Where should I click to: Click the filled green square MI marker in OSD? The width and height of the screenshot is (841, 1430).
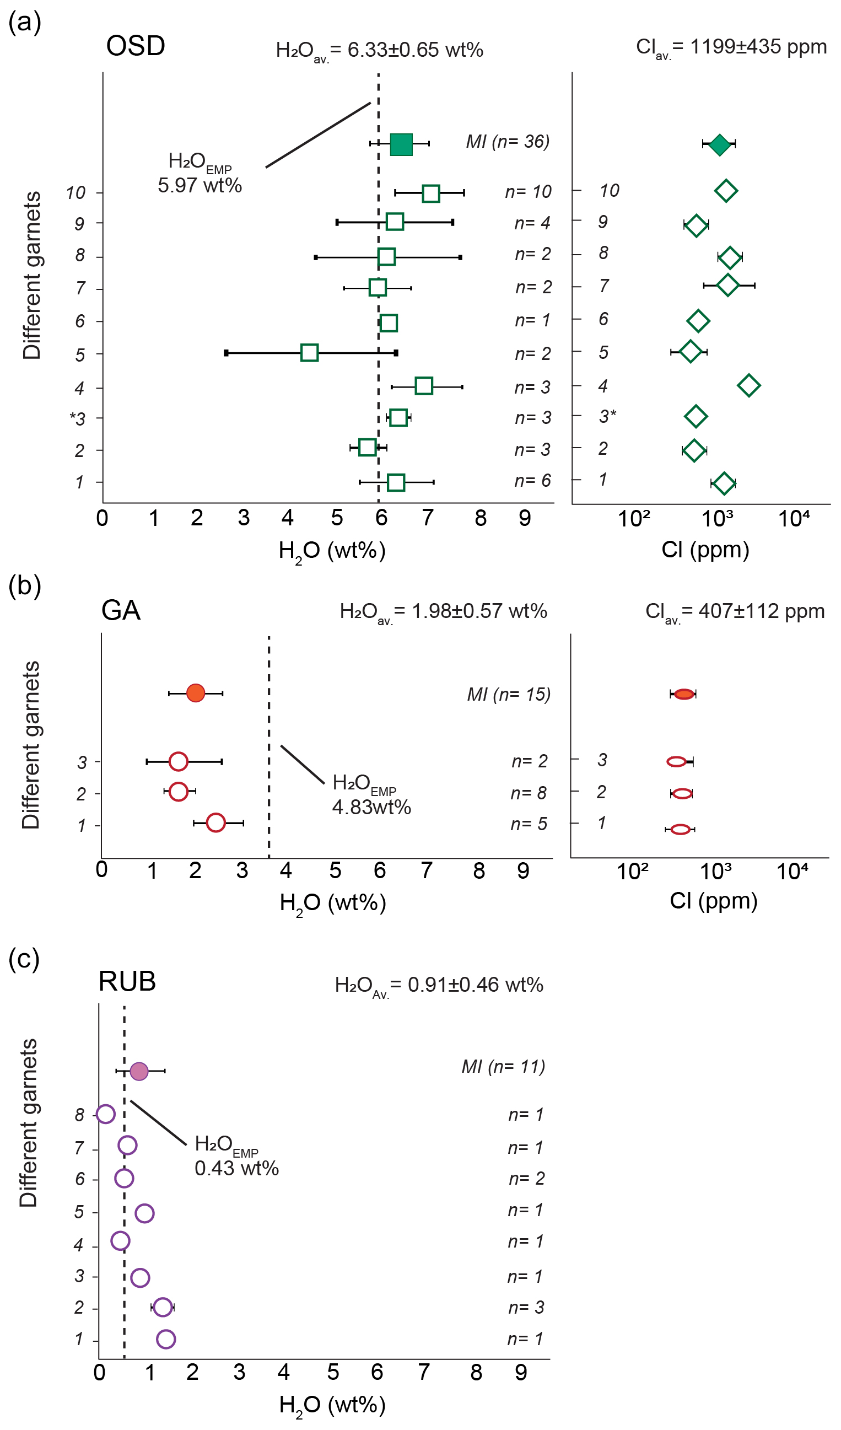pos(401,144)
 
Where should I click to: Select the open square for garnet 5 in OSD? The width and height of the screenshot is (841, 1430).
pos(309,352)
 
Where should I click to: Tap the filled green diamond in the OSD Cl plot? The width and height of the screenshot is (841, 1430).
pos(720,144)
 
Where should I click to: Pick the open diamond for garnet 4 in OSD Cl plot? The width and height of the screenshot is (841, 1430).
pos(748,385)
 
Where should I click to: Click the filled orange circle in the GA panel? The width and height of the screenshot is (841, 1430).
pos(196,693)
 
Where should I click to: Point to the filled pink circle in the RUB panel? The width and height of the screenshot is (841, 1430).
pos(139,1071)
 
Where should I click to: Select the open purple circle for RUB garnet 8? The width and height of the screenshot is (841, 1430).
pos(106,1114)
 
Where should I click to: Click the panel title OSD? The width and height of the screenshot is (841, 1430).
pos(136,46)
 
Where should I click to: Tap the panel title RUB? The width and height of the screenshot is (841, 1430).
pos(127,981)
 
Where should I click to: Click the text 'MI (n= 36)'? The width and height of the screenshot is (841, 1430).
pos(508,141)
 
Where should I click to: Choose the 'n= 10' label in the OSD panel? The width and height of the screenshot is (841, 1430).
pos(529,192)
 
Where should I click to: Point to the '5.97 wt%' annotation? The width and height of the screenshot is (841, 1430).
pos(200,186)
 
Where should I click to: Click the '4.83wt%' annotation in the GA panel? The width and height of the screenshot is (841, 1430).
pos(371,808)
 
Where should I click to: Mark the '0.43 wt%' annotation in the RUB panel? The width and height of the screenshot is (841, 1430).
pos(236,1168)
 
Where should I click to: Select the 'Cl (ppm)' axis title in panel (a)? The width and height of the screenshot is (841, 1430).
pos(705,549)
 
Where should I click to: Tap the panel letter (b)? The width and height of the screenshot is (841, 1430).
pos(25,585)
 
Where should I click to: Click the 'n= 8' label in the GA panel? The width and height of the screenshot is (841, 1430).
pos(529,793)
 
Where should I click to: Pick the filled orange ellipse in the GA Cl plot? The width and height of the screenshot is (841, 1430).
pos(684,694)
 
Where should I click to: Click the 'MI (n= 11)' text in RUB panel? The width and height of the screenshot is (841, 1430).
pos(503,1067)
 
